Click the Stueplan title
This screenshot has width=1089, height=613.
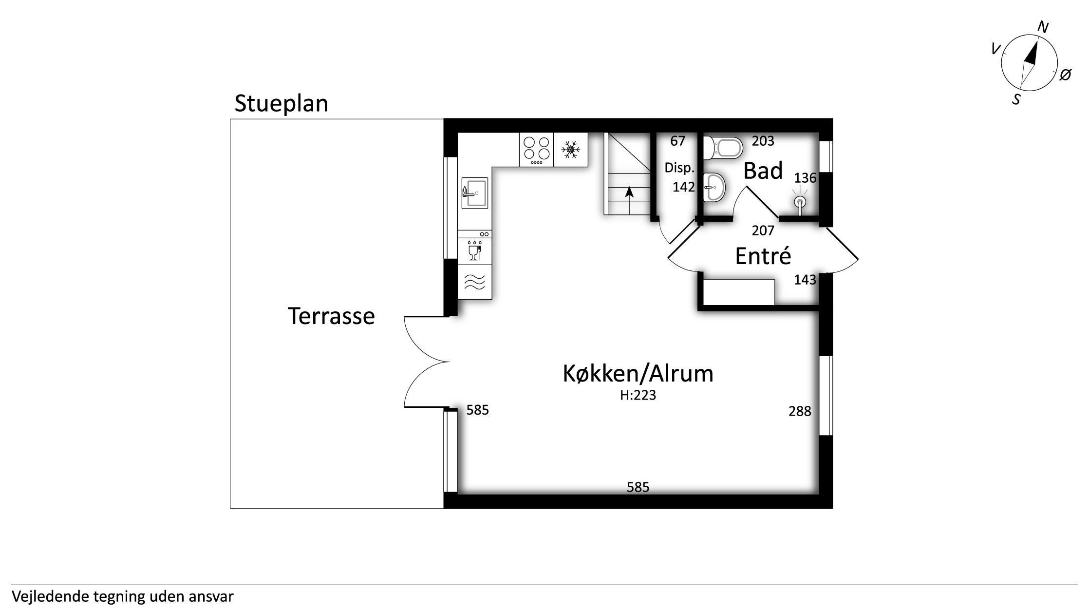pyautogui.click(x=281, y=104)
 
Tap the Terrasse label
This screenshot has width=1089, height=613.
pyautogui.click(x=331, y=316)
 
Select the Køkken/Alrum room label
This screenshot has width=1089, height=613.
pyautogui.click(x=638, y=374)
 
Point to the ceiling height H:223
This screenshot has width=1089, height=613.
pyautogui.click(x=638, y=395)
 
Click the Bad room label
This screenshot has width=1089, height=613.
pyautogui.click(x=763, y=171)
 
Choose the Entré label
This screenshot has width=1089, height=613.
pyautogui.click(x=763, y=256)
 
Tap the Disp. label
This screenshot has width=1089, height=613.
pyautogui.click(x=679, y=168)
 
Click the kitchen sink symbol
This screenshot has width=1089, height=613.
pyautogui.click(x=474, y=193)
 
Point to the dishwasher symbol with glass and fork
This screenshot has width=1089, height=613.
pyautogui.click(x=474, y=250)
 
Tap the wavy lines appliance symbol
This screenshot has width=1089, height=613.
pyautogui.click(x=475, y=282)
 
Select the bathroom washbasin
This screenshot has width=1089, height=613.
pyautogui.click(x=714, y=187)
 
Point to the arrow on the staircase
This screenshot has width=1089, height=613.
pyautogui.click(x=629, y=200)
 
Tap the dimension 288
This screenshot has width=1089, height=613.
pyautogui.click(x=800, y=412)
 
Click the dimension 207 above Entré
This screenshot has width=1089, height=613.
pyautogui.click(x=763, y=230)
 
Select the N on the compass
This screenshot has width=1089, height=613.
pyautogui.click(x=1043, y=27)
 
